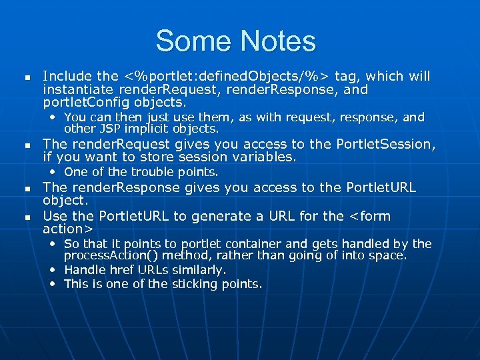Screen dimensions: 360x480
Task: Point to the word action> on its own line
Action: click(67, 229)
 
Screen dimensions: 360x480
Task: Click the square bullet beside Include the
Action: click(27, 78)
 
